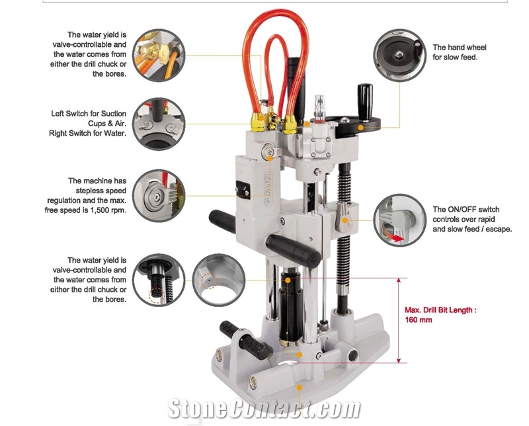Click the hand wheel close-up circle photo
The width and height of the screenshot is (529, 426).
400,56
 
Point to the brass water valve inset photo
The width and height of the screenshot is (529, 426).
159,56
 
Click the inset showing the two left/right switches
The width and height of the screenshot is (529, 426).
159,124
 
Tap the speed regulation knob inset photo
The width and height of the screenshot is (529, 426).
159,196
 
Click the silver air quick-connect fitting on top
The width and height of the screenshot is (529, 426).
319,108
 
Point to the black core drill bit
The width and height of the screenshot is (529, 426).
290,307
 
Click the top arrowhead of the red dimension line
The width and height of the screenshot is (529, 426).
399,280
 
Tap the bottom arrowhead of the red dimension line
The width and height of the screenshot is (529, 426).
399,361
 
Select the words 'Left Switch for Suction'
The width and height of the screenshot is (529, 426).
89,114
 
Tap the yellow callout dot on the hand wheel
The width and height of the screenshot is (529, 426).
360,128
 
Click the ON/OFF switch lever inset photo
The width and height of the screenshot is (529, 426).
400,220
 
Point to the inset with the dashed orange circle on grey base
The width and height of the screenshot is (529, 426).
219,280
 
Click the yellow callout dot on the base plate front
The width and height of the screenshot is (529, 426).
299,388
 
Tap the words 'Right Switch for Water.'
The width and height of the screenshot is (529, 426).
88,134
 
